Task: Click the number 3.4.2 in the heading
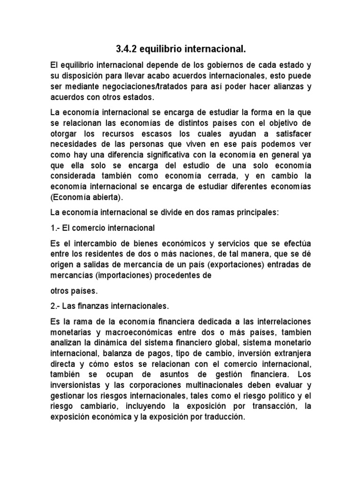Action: click(x=127, y=49)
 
